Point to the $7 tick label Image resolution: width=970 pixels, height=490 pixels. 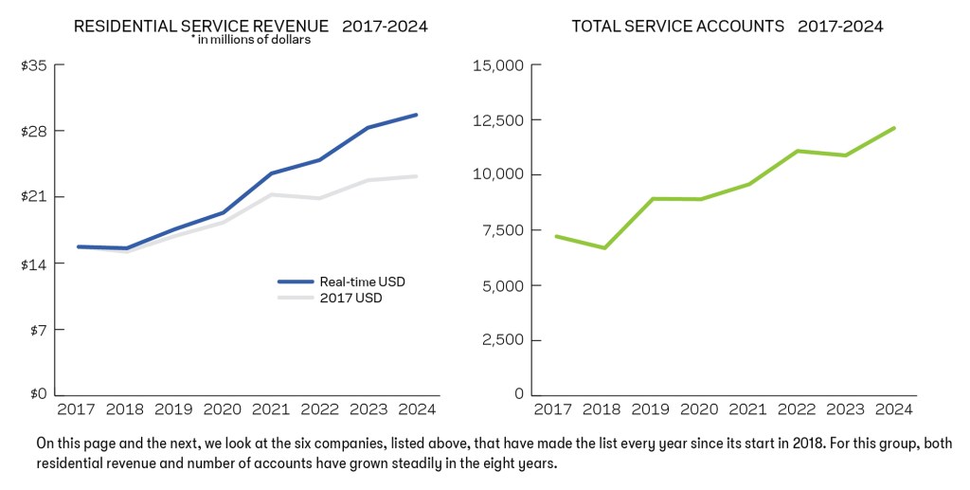point(36,330)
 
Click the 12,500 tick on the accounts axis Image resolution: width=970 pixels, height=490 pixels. point(498,120)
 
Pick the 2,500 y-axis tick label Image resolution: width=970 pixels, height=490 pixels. point(502,339)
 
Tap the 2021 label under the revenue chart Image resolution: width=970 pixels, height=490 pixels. point(271,409)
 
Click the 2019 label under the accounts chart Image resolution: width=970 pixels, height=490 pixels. point(649,409)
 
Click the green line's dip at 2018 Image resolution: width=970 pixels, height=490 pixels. point(603,248)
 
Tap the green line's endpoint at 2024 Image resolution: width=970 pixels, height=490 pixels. point(894,128)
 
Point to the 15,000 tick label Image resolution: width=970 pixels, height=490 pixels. point(498,65)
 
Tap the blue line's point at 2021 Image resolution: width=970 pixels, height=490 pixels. point(271,173)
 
